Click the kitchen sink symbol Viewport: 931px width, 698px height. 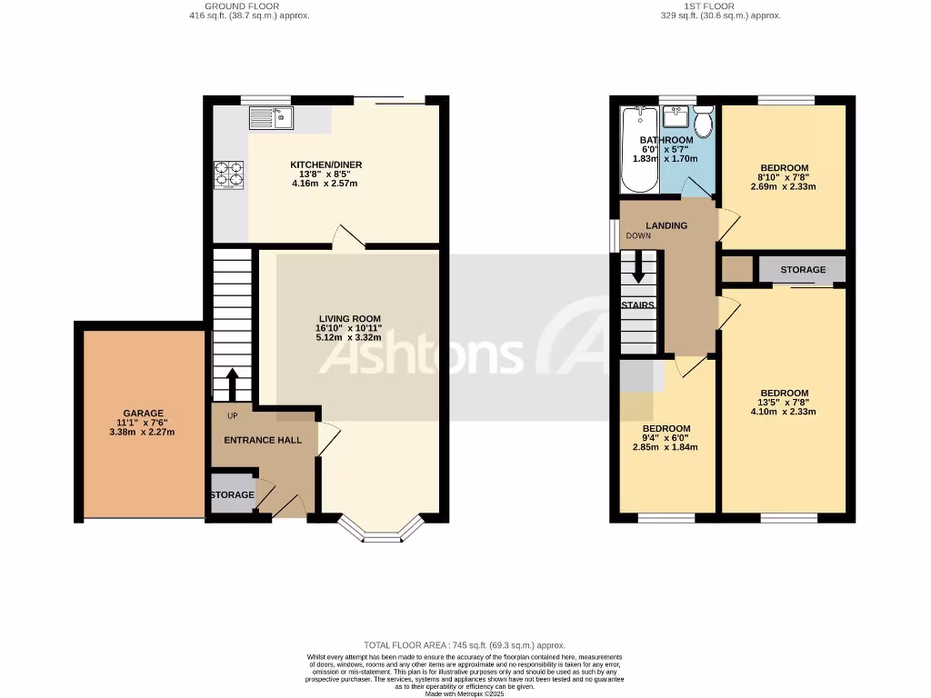pyautogui.click(x=269, y=116)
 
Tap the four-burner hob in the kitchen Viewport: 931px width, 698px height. pyautogui.click(x=228, y=174)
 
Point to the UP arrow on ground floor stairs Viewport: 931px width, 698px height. pyautogui.click(x=232, y=384)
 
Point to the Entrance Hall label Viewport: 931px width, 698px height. pyautogui.click(x=263, y=440)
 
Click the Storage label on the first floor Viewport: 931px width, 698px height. pyautogui.click(x=803, y=270)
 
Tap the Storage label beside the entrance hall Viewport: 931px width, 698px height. pyautogui.click(x=232, y=494)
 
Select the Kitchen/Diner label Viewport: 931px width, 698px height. pyautogui.click(x=325, y=165)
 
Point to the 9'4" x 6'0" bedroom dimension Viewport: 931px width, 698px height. pyautogui.click(x=666, y=438)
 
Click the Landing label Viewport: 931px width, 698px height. pyautogui.click(x=666, y=225)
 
